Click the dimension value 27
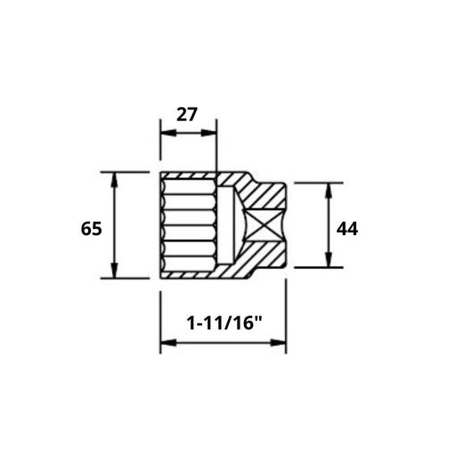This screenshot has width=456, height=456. tap(186, 114)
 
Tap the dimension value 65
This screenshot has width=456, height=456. tap(91, 228)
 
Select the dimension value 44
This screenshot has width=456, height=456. tap(346, 229)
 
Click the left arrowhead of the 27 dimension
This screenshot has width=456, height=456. tap(166, 134)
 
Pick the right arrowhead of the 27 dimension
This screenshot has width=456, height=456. tap(211, 134)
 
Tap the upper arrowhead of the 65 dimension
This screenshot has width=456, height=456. tap(114, 178)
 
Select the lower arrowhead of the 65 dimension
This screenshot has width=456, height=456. tap(114, 272)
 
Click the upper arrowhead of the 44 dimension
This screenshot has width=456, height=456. tap(330, 189)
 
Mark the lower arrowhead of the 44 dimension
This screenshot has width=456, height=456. tap(330, 261)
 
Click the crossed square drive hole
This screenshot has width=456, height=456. tap(265, 225)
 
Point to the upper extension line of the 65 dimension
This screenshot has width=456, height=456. tap(125, 172)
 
